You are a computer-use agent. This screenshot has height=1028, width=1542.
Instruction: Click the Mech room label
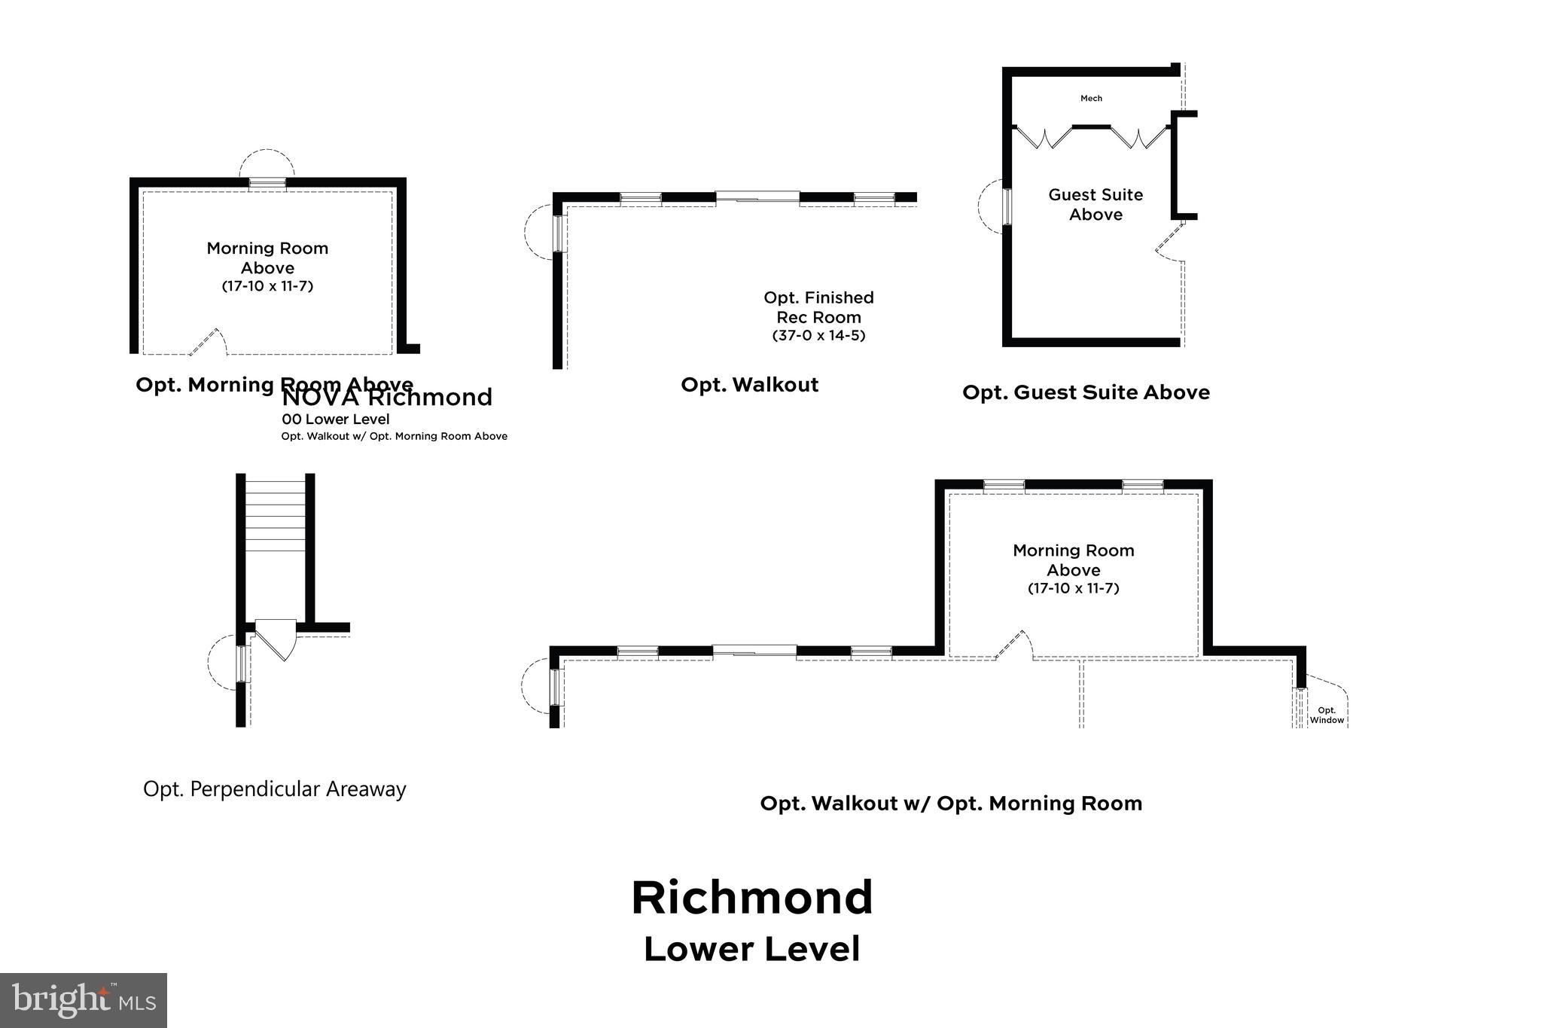[1091, 99]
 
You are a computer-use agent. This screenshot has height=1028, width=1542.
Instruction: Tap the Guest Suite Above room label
[1096, 205]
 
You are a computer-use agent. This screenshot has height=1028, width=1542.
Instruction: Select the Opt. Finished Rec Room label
[818, 307]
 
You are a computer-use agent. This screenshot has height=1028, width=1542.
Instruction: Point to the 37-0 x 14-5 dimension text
[818, 336]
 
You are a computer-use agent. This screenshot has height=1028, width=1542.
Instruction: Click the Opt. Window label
[1326, 715]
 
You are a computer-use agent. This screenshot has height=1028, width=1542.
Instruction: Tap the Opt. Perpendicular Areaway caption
[275, 789]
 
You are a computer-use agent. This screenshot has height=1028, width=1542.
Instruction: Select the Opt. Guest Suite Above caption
[1086, 392]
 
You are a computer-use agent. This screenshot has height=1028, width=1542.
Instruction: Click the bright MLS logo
[84, 1000]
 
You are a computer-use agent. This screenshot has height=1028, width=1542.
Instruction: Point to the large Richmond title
[751, 898]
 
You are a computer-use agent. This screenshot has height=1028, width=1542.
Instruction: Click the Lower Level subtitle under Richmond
[751, 949]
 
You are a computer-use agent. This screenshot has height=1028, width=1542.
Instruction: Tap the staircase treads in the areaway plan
[275, 512]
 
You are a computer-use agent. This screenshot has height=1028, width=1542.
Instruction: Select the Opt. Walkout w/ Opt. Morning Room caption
[951, 804]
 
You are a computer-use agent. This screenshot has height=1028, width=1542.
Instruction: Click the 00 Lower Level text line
[336, 419]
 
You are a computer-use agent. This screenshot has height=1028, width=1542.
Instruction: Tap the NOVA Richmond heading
[387, 398]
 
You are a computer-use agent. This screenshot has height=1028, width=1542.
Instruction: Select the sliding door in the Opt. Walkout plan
[757, 197]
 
